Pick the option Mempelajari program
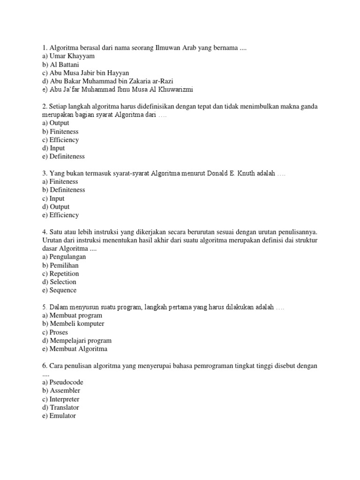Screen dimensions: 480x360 pyautogui.click(x=80, y=341)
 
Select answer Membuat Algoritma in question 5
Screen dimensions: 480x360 pyautogui.click(x=78, y=349)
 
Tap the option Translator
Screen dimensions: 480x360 pyautogui.click(x=63, y=408)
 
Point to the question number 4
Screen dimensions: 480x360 pyautogui.click(x=44, y=232)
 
